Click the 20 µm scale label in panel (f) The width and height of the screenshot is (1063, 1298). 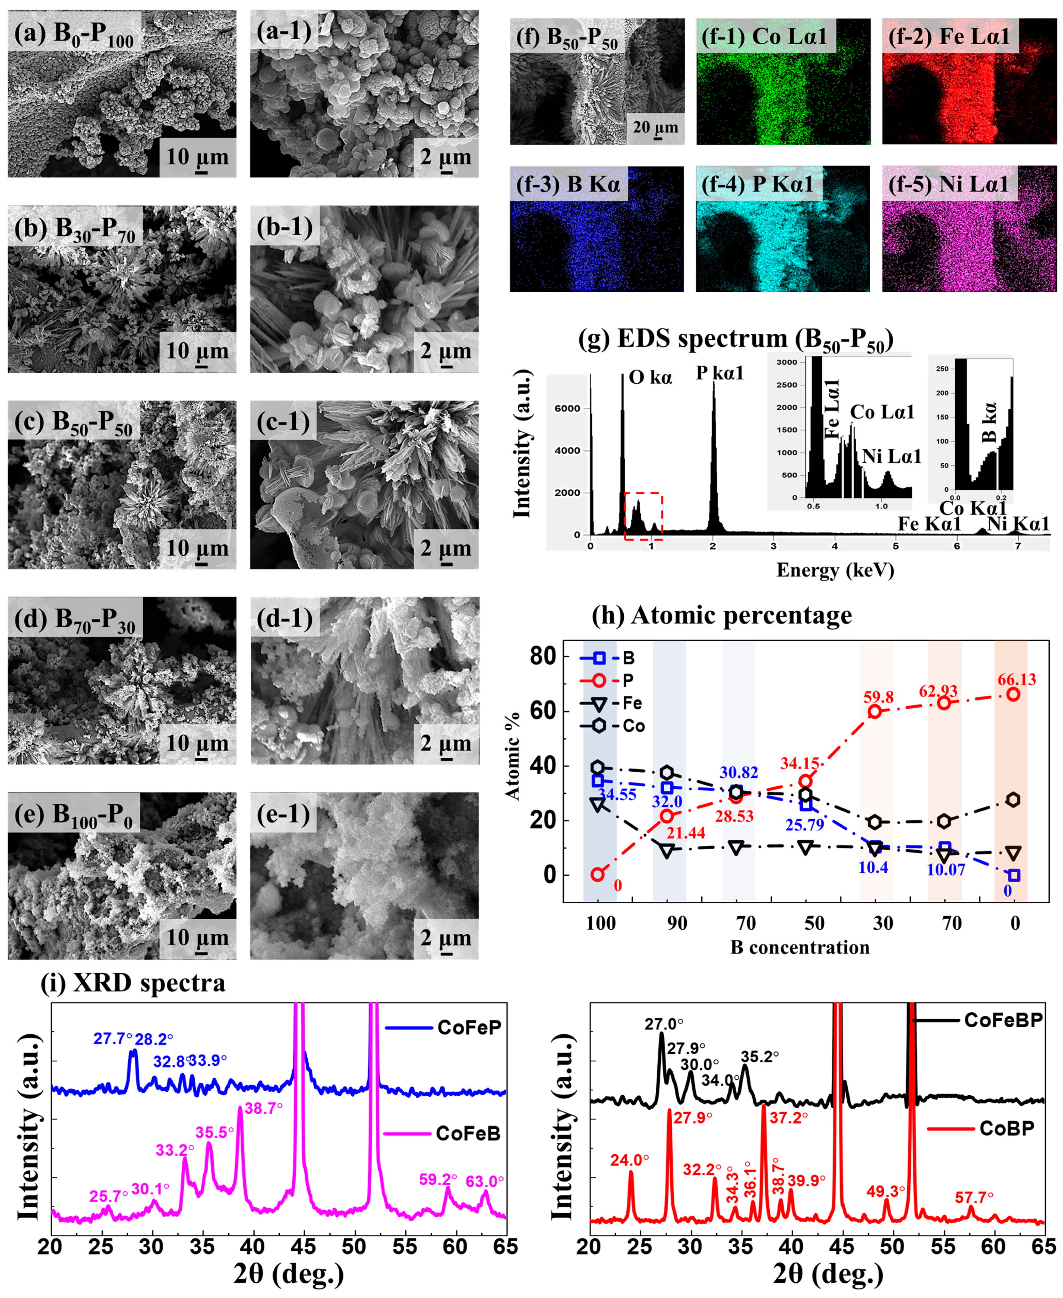(655, 127)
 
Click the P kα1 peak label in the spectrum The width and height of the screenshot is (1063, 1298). (720, 373)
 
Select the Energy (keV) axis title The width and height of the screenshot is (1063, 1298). (835, 570)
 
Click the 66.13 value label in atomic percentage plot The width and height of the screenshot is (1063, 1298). (1016, 679)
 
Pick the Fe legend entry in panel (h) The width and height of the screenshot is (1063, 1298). (612, 703)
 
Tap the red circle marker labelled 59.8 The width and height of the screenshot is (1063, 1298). (874, 711)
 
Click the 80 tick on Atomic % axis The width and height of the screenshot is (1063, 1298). (542, 656)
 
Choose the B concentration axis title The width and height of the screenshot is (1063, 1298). (800, 947)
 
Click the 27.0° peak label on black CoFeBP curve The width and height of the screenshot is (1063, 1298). (664, 1024)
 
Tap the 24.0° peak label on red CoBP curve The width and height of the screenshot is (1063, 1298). (629, 1160)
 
